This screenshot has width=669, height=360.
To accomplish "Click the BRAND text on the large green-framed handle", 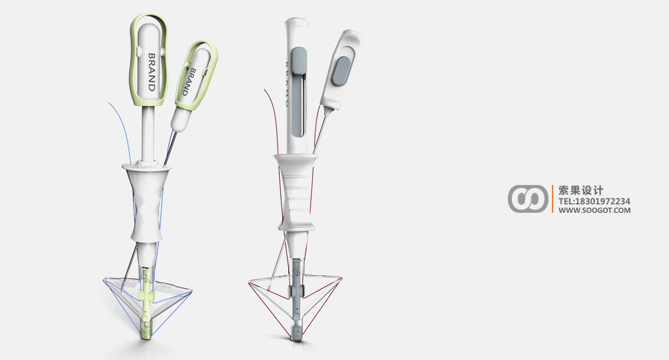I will coord(151,72).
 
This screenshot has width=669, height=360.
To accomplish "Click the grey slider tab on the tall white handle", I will coord(299,61).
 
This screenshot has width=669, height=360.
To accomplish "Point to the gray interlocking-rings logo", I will coord(528,198).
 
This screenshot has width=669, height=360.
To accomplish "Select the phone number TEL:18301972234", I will coord(594,201).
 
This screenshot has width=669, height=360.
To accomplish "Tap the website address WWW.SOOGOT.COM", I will coord(594,210).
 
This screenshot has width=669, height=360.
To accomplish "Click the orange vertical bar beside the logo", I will coord(552,198).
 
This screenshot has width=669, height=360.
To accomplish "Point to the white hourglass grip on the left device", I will coord(147,204).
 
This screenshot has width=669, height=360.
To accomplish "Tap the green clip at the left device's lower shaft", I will coord(145,294).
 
